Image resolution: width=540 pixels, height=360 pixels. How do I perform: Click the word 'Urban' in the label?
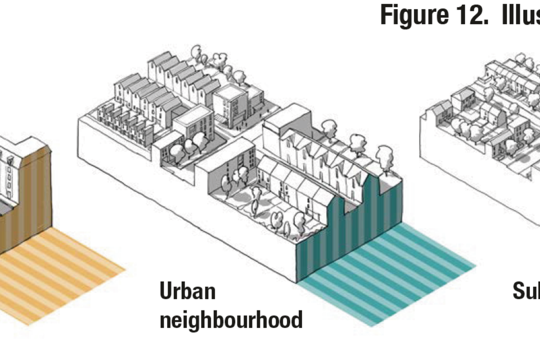(188, 292)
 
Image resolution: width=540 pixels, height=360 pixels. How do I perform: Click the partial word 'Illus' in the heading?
(520, 15)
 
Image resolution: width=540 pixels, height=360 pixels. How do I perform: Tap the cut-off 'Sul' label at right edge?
(526, 291)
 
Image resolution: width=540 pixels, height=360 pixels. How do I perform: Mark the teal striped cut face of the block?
(349, 225)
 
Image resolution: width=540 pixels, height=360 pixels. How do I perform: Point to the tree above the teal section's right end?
(386, 155)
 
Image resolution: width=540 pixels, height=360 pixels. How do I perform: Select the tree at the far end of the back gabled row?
(196, 53)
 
